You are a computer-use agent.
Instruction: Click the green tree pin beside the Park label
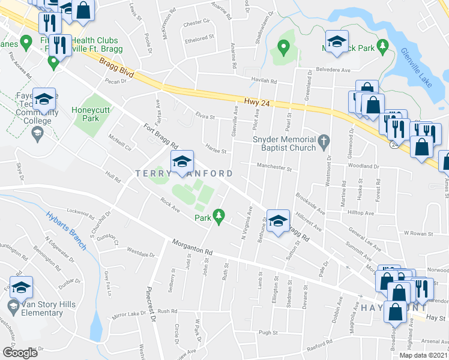[x=220, y=215]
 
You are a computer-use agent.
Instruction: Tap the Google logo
[x=20, y=352]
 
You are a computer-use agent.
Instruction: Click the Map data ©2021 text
[x=423, y=355]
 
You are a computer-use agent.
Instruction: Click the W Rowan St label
[x=418, y=232]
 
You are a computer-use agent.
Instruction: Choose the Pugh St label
[x=268, y=332]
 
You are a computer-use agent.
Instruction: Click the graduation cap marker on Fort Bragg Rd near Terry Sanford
[x=182, y=161]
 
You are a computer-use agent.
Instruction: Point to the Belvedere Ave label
[x=337, y=70]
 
